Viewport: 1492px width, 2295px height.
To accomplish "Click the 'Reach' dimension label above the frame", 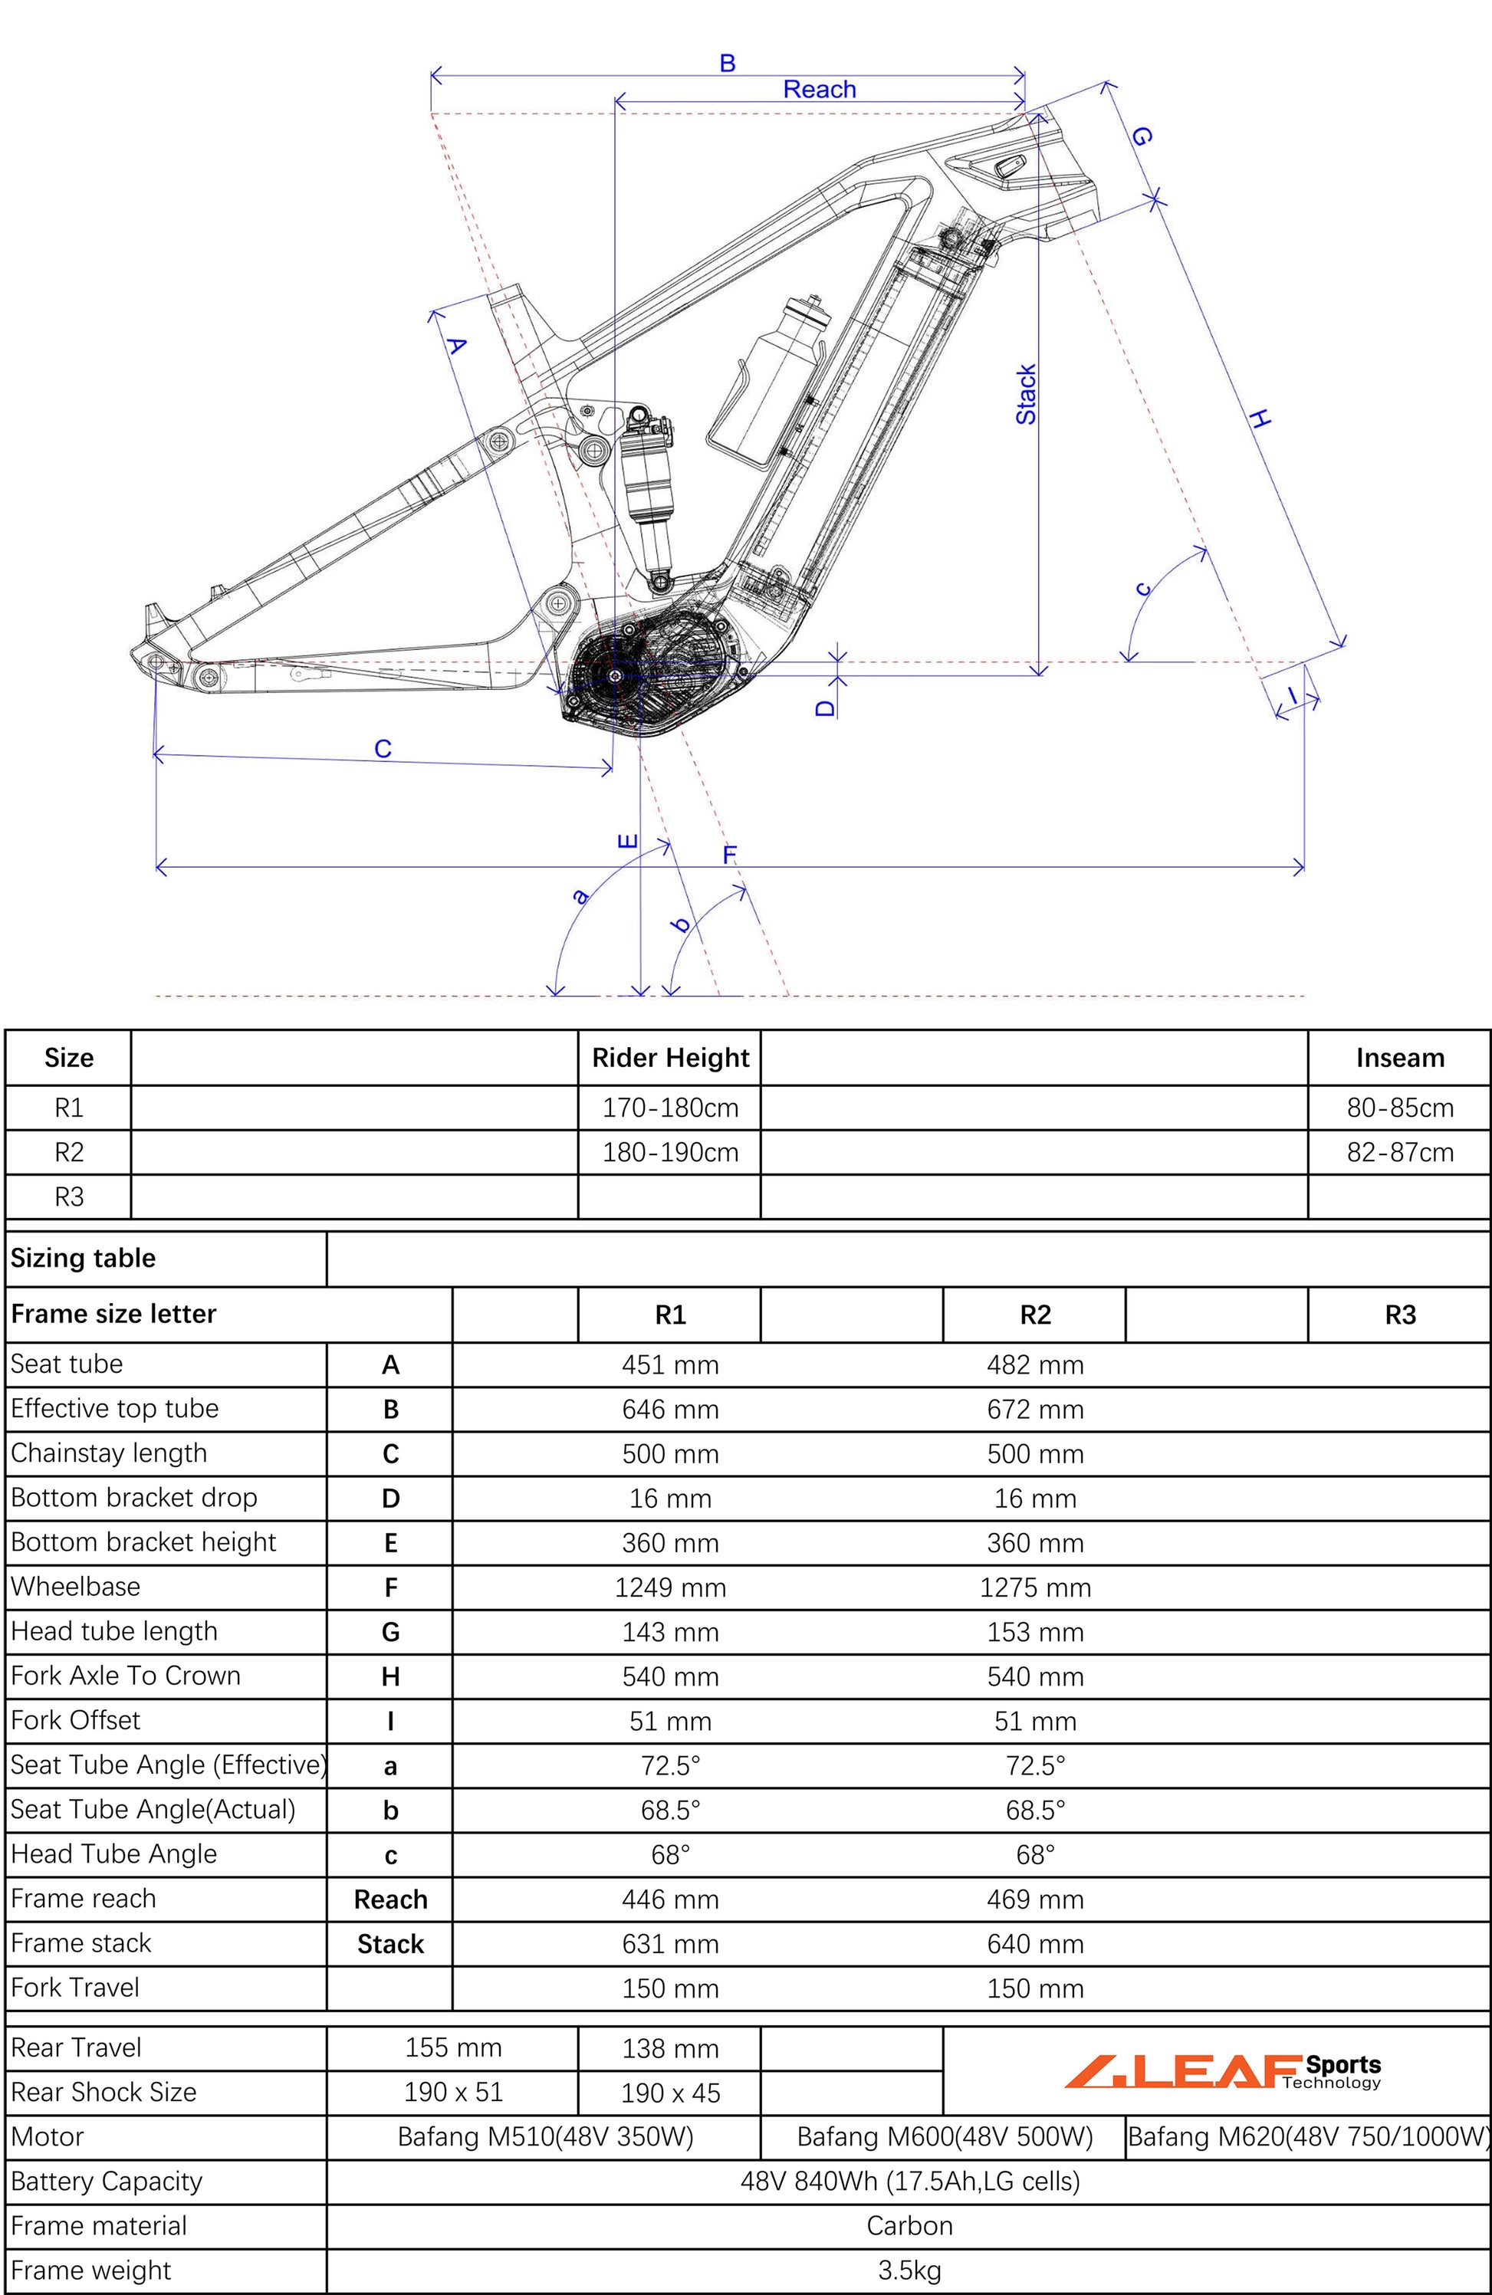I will pyautogui.click(x=819, y=90).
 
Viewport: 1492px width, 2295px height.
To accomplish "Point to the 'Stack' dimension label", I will pyautogui.click(x=1025, y=395).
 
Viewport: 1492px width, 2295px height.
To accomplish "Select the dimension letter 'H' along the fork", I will pyautogui.click(x=1260, y=419).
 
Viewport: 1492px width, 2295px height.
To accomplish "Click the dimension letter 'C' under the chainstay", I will pyautogui.click(x=383, y=748).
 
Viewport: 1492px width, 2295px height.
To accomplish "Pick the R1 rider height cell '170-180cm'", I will pyautogui.click(x=670, y=1108).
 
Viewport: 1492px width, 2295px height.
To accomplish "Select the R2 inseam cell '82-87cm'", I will pyautogui.click(x=1399, y=1152).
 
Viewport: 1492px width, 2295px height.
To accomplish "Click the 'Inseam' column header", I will pyautogui.click(x=1399, y=1058).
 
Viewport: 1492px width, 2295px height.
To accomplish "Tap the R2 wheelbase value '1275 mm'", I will pyautogui.click(x=1035, y=1587).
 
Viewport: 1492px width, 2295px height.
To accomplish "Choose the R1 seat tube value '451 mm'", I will pyautogui.click(x=670, y=1364).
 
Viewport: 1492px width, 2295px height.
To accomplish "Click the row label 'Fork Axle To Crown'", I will pyautogui.click(x=126, y=1676).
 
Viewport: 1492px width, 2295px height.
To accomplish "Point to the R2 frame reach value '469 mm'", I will pyautogui.click(x=1035, y=1899).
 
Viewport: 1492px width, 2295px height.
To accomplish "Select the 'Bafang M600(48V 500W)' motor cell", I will pyautogui.click(x=945, y=2137).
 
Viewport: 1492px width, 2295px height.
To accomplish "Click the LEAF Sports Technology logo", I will pyautogui.click(x=1222, y=2071).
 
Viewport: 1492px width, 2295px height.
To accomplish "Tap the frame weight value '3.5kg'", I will pyautogui.click(x=909, y=2270).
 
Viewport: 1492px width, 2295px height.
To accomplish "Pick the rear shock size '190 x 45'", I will pyautogui.click(x=670, y=2093).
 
